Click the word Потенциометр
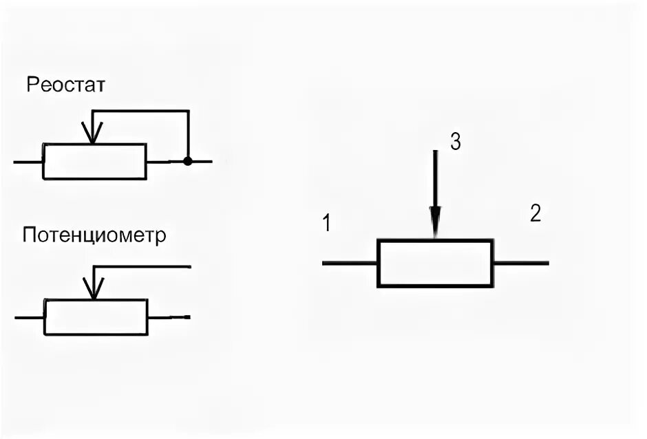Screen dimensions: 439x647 (94, 236)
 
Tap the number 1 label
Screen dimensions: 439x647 (327, 224)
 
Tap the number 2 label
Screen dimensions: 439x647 (535, 213)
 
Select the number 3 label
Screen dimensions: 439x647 (455, 142)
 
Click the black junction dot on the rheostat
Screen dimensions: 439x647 (187, 162)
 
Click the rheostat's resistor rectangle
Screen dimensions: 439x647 (94, 162)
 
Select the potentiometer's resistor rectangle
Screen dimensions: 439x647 (96, 317)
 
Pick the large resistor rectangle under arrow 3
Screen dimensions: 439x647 (435, 263)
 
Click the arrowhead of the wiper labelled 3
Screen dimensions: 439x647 (434, 224)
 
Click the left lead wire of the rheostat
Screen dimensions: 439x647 (28, 162)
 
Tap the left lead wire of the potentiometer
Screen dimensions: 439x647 (29, 317)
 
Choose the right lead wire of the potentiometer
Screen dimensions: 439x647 (169, 317)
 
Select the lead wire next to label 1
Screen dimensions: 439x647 (350, 263)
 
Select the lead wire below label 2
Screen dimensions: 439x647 (521, 263)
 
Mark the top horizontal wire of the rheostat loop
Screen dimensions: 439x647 (141, 111)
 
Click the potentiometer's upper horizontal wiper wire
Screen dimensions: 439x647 (142, 266)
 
